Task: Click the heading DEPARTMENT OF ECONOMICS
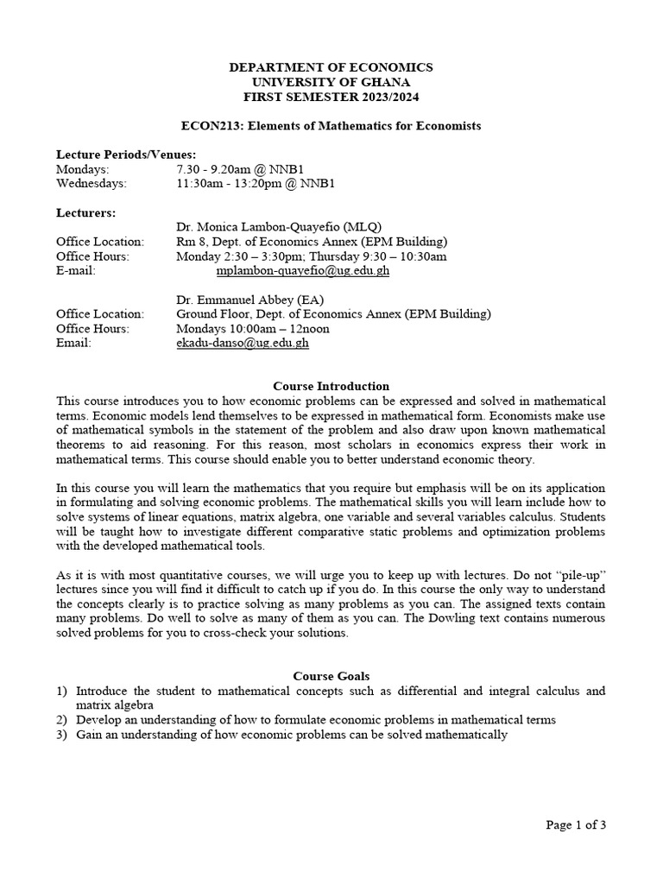point(331,67)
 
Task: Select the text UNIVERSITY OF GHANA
point(331,81)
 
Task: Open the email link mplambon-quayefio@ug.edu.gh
point(302,270)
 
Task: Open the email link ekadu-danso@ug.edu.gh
point(242,343)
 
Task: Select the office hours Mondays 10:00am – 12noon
point(252,329)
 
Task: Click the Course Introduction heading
point(331,387)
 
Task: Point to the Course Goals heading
point(331,677)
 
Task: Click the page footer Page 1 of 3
point(576,824)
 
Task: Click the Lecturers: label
point(85,212)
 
